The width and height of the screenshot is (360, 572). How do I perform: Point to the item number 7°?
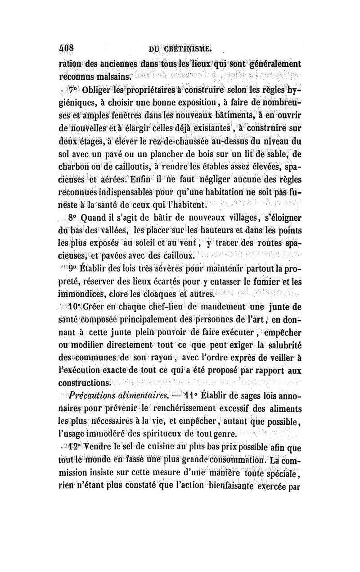pos(73,88)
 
